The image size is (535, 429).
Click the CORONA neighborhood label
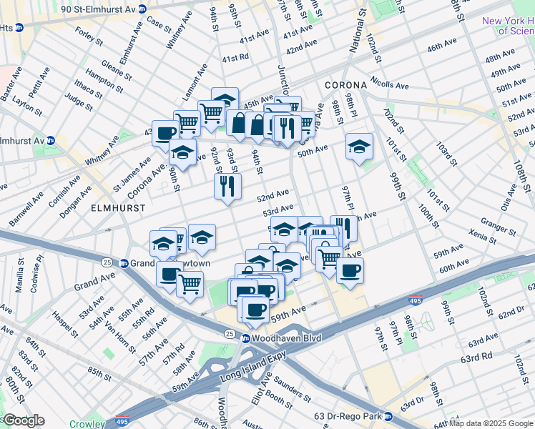coord(345,84)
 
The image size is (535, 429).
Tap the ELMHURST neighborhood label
coord(119,207)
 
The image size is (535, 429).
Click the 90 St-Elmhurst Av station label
coord(104,9)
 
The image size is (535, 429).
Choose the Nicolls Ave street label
coord(390,85)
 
